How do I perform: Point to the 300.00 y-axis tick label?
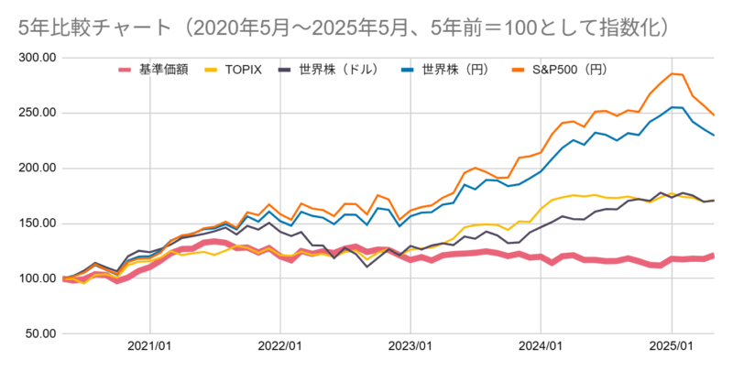coord(35,58)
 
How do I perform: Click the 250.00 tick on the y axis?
coord(35,113)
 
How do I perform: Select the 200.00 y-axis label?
coord(35,168)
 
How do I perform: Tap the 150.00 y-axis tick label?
coord(35,223)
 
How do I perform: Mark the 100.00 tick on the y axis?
coord(35,278)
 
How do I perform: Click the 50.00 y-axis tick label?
coord(37,333)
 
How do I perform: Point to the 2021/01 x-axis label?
coord(149,348)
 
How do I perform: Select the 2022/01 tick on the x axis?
coord(280,348)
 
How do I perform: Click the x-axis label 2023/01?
coord(410,348)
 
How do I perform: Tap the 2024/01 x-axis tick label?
coord(542,348)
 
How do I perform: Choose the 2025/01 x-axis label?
coord(672,348)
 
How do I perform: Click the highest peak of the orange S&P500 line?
coord(673,73)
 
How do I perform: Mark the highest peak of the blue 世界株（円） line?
coord(673,107)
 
